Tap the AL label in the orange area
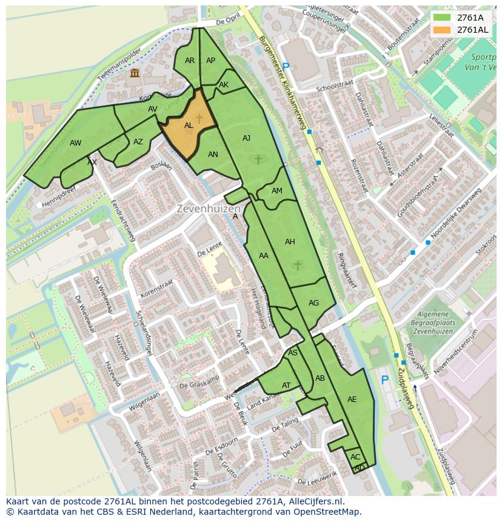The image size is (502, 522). [x=189, y=125]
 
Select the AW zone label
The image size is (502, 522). [x=75, y=143]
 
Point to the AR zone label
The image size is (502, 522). [x=190, y=61]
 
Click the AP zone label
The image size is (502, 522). [x=210, y=61]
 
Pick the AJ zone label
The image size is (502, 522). [x=246, y=138]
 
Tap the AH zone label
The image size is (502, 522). [x=290, y=242]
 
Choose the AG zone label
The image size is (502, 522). [x=313, y=303]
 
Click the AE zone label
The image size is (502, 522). [x=352, y=400]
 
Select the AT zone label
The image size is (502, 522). [x=286, y=386]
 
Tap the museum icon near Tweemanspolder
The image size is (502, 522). [x=135, y=73]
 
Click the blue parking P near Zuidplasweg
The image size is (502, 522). [x=384, y=380]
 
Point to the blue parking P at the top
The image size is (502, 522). [x=286, y=67]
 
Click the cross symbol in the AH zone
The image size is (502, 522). [x=297, y=265]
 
